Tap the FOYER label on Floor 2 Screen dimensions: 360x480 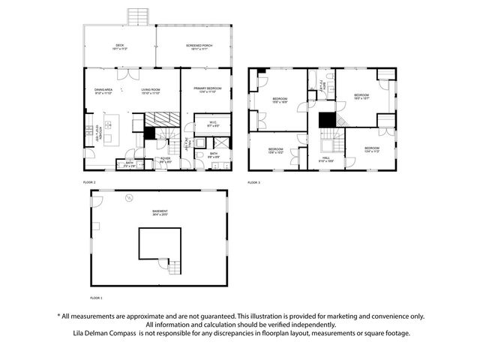[x=165, y=159]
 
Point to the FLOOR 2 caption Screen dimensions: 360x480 [x=90, y=182]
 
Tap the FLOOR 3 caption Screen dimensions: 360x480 [x=254, y=182]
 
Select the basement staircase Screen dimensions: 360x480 [x=172, y=266]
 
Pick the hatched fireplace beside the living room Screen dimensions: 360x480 [x=158, y=119]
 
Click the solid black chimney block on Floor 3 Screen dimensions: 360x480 [x=327, y=121]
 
